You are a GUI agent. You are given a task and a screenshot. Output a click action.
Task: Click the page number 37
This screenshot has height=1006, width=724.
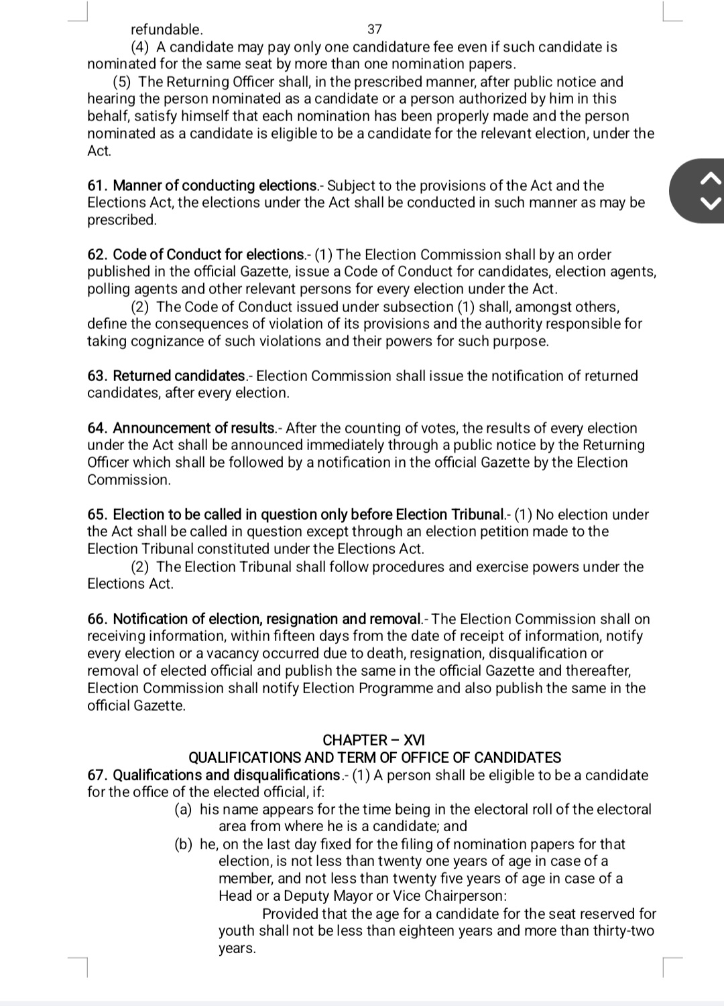(375, 29)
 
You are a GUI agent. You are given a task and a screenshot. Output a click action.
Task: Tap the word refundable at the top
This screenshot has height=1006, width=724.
(166, 29)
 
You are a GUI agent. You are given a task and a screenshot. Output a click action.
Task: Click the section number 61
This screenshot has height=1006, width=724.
(97, 186)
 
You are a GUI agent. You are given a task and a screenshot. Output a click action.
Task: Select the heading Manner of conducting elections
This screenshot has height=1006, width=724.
(215, 186)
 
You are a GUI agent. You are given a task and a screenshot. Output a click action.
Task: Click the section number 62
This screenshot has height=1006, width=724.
(97, 255)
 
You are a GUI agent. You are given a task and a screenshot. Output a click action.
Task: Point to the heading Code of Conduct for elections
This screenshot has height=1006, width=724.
(208, 255)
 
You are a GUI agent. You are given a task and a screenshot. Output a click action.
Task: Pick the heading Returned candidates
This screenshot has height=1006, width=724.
(180, 376)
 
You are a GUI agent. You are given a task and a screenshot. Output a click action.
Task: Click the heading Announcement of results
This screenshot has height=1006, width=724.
(194, 428)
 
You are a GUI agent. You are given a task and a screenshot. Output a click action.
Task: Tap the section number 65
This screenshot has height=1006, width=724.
(97, 514)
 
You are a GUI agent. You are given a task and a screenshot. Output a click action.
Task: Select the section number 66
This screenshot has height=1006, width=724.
(97, 619)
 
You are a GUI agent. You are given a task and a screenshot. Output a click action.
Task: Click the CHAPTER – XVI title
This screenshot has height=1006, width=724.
(373, 740)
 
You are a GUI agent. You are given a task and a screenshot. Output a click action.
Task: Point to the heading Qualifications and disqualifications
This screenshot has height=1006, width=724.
(227, 775)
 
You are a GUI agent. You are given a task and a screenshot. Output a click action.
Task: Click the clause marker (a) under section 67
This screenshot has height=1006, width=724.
(184, 809)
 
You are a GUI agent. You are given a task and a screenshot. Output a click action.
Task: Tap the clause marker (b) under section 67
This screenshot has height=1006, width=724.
(184, 844)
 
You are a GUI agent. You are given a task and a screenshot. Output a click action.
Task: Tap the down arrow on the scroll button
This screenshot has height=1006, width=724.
(711, 203)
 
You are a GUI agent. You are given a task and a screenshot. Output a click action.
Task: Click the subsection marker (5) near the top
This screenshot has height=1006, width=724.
(121, 82)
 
